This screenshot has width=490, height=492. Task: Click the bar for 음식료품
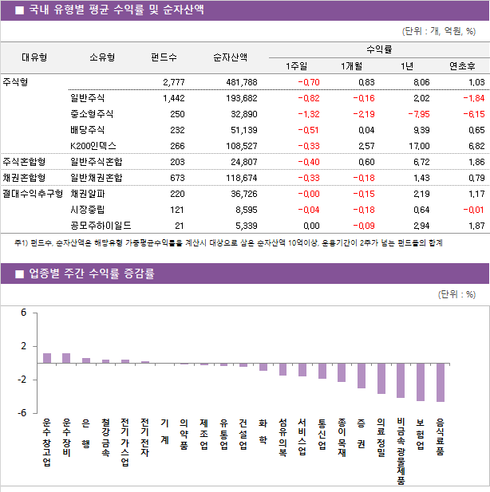click(441, 382)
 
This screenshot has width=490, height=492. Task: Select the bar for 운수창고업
click(47, 358)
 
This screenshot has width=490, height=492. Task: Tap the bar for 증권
click(362, 376)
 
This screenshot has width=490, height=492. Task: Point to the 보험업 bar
click(421, 381)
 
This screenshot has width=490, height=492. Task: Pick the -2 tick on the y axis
click(22, 380)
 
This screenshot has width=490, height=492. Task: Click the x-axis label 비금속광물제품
click(401, 451)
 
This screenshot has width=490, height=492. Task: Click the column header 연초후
click(463, 65)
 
